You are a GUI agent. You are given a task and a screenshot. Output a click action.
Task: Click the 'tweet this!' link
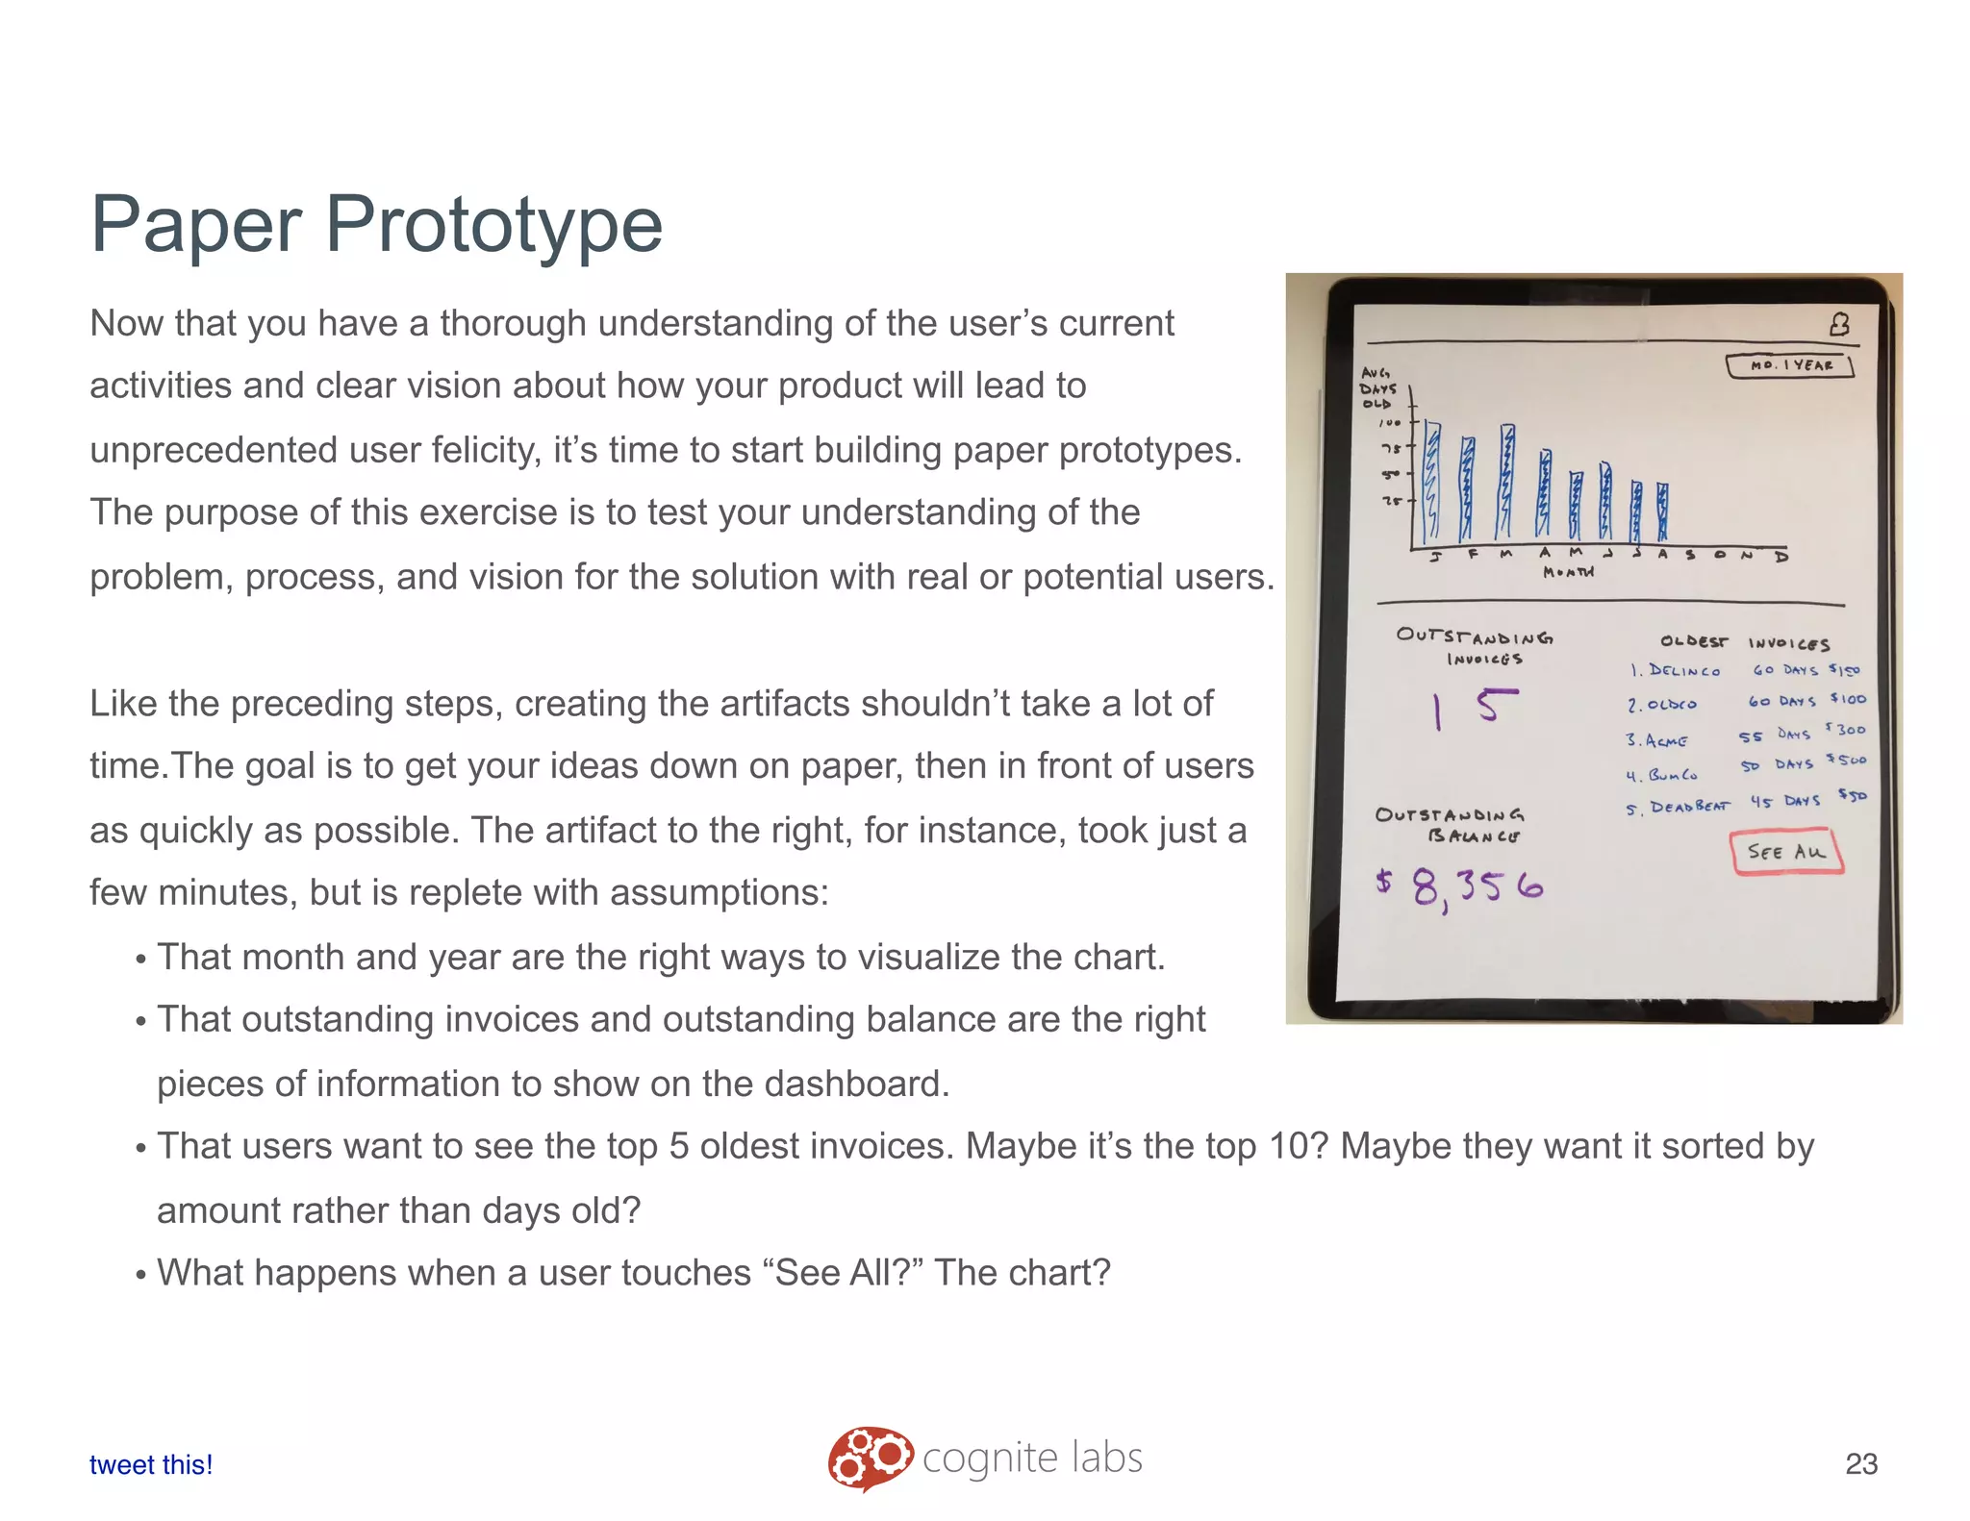151,1464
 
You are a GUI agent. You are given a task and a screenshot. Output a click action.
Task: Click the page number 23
1860,1463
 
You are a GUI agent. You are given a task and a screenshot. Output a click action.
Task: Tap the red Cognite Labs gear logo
870,1458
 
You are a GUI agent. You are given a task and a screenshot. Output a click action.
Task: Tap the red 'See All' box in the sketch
1786,853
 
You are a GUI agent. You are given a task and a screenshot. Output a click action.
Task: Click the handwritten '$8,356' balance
1460,885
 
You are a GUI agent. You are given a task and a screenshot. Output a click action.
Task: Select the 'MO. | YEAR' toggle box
1789,365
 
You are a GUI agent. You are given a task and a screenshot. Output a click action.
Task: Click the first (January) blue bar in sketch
1431,481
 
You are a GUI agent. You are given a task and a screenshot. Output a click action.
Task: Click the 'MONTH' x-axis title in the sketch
1568,572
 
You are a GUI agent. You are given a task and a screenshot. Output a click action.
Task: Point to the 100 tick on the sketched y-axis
1391,423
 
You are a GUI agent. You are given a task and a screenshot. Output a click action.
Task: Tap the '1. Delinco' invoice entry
1675,670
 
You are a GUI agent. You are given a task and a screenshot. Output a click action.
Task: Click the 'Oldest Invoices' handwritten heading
1744,642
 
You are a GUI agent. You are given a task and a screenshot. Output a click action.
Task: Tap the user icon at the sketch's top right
1839,325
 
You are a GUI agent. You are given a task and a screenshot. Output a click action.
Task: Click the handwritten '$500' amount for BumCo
1847,760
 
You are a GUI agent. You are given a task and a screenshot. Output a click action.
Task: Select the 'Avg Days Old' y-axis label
1376,388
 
